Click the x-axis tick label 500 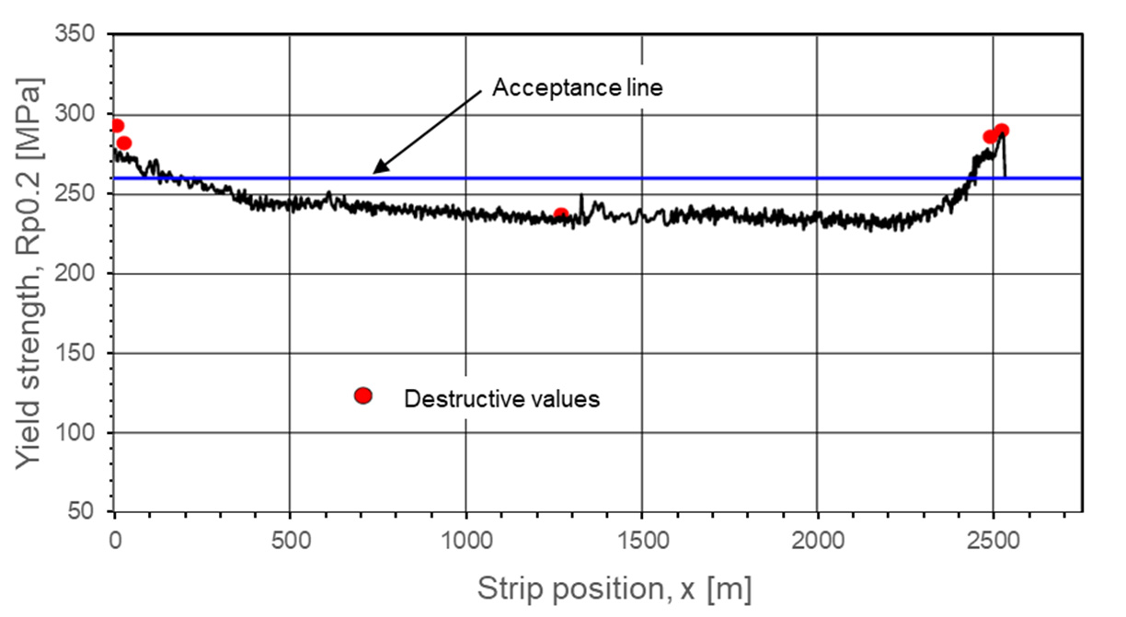[290, 535]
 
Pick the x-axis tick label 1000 [465, 535]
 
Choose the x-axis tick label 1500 [641, 535]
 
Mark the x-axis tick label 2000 [817, 535]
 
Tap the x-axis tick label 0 [115, 535]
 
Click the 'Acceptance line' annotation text [578, 88]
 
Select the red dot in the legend [362, 395]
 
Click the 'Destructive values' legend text [502, 399]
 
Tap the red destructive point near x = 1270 [561, 215]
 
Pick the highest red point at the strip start [117, 126]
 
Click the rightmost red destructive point [1002, 131]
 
